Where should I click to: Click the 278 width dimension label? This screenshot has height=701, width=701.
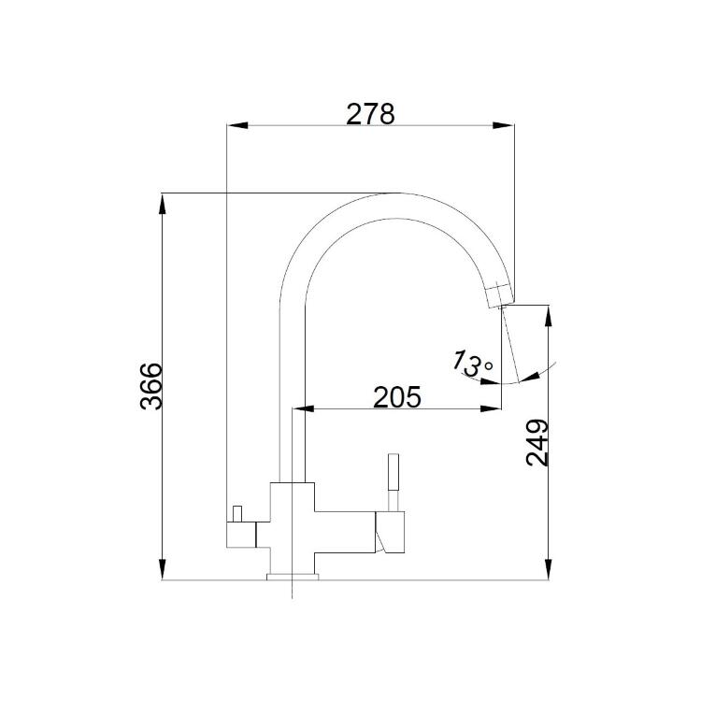371,114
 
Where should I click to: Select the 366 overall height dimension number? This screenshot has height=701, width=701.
150,386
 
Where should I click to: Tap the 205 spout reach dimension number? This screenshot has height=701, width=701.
397,396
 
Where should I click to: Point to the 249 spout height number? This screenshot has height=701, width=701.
536,443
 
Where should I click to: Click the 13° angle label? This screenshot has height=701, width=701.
472,364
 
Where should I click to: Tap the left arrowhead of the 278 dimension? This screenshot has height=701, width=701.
237,125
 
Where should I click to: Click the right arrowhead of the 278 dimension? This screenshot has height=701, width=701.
504,125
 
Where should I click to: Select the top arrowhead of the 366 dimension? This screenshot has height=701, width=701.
163,204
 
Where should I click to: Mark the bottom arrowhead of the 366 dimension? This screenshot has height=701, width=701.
163,569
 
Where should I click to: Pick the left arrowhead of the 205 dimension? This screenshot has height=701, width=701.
303,408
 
